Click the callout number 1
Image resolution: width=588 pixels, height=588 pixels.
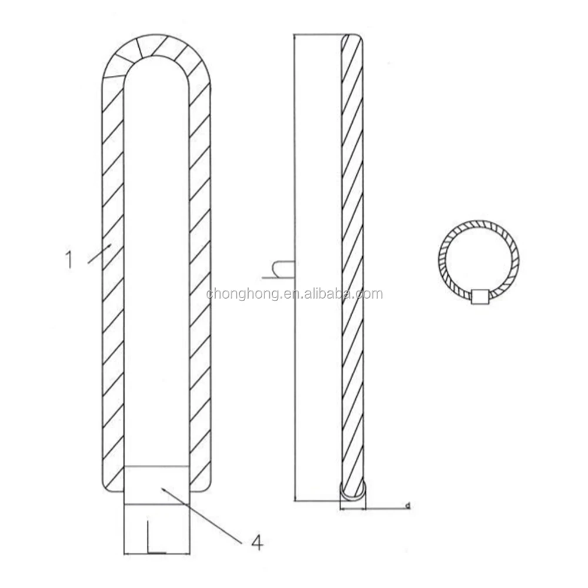[69, 259]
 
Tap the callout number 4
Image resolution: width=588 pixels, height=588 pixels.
[256, 542]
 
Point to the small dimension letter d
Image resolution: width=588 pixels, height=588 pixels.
[407, 505]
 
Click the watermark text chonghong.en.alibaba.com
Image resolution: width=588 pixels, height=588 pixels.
[294, 293]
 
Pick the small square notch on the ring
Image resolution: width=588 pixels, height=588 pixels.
[479, 298]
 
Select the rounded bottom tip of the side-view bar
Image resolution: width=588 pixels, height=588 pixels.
[353, 492]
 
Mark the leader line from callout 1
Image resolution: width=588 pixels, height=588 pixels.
[99, 253]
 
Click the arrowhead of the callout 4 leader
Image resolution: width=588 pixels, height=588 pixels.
[165, 489]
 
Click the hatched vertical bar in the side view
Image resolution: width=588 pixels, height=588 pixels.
[352, 265]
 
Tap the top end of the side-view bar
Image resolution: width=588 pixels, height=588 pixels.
[353, 37]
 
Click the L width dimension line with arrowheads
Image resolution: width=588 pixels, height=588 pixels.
[156, 553]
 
